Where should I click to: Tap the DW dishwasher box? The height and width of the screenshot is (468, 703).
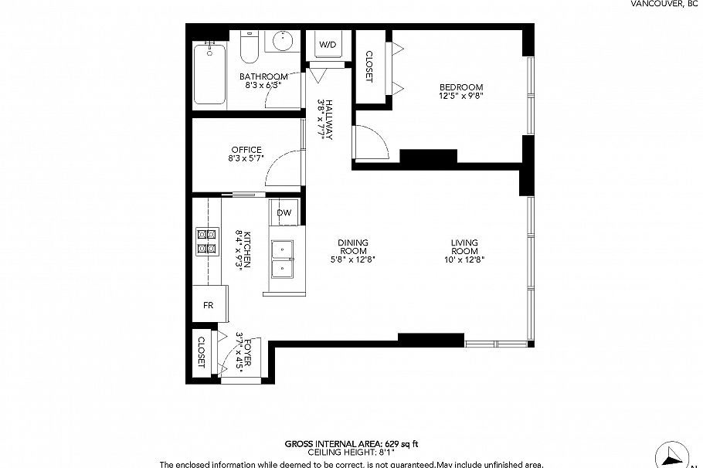284,213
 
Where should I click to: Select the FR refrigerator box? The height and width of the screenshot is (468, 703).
209,304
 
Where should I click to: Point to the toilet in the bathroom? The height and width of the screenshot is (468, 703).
250,48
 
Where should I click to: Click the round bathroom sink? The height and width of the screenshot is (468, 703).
285,40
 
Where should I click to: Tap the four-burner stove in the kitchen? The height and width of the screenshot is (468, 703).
207,241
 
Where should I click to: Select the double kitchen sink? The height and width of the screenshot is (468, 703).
284,259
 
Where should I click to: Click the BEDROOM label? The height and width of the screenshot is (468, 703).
461,86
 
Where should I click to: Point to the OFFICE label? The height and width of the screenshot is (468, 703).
246,150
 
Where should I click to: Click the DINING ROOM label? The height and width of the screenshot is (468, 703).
352,246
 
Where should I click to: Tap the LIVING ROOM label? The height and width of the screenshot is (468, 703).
464,246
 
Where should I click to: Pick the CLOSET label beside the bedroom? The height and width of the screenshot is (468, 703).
368,66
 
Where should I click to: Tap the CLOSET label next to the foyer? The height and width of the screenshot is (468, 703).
201,351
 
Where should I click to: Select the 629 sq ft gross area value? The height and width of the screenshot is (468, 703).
401,444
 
